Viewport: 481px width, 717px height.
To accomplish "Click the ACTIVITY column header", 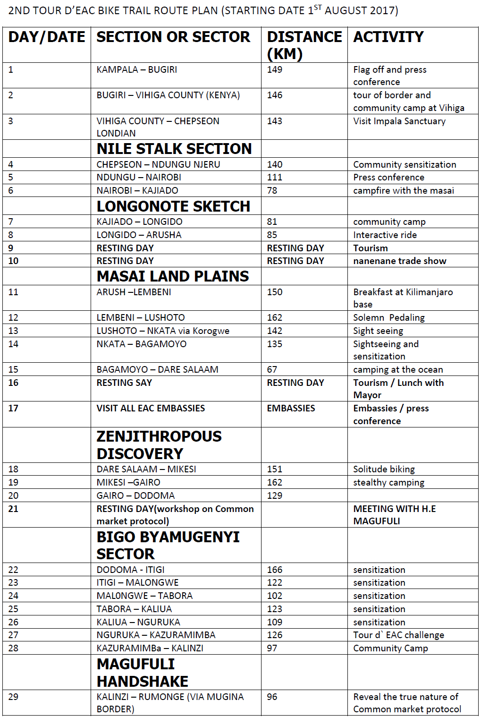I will coord(388,37).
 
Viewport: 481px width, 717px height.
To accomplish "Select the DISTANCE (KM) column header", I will coord(304,45).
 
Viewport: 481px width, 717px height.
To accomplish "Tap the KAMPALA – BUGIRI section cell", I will coord(136,69).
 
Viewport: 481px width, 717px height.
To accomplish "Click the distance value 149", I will coord(274,69).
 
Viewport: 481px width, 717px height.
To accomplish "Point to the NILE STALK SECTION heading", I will coord(174,149).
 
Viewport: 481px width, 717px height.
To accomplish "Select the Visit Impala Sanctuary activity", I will coord(399,121).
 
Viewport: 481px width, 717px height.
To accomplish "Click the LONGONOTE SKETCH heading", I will coord(173,206).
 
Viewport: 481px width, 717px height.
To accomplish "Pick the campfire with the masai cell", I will coord(403,190).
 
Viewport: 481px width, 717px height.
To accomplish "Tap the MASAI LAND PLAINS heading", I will coord(172,276).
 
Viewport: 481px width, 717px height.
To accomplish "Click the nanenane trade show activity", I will coord(399,261).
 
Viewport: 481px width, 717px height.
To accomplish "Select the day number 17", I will coord(13,408).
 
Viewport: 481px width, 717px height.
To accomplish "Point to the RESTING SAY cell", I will coord(124,383).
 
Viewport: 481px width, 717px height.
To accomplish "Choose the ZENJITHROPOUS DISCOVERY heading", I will coord(159,444).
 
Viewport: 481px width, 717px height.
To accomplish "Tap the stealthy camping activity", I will coord(388,482).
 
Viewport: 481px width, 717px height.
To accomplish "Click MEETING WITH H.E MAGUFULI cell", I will coord(394,514).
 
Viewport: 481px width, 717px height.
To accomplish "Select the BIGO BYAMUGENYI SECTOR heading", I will coord(168,545).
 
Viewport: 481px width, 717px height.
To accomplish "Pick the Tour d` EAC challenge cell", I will coord(398,635).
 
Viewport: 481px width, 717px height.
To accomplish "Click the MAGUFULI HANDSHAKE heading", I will coord(142,672).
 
